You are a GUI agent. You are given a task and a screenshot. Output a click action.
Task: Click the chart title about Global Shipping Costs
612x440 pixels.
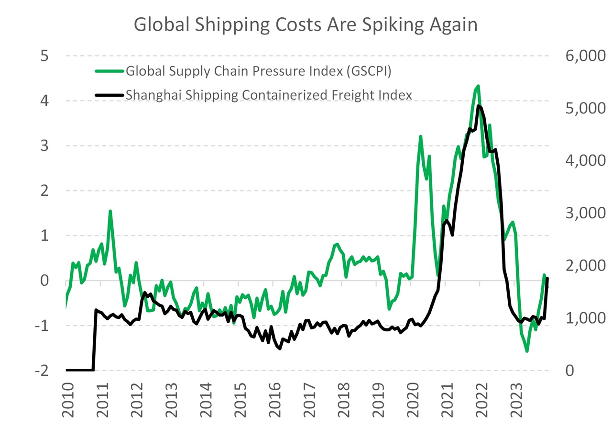306,24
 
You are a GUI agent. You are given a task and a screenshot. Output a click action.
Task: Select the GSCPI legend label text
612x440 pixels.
259,72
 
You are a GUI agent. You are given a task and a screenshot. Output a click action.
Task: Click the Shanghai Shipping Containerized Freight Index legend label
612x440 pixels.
268,95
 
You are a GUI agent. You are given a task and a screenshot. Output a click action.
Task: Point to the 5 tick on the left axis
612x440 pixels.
44,56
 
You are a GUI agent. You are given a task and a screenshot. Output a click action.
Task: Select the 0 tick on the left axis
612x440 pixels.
44,281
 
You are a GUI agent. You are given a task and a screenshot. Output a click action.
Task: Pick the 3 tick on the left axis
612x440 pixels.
44,146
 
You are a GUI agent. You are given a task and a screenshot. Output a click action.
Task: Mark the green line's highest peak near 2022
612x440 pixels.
478,86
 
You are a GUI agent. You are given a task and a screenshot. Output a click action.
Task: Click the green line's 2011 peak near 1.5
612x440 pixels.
110,211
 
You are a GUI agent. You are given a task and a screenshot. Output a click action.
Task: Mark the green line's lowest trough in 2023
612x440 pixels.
527,351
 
